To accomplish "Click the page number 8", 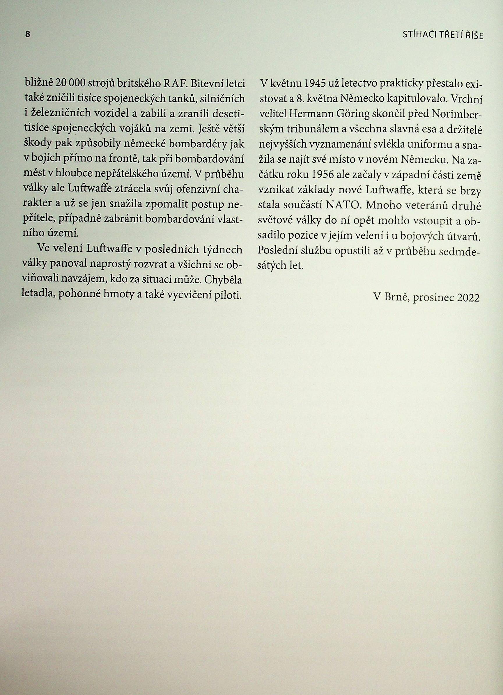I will tap(27, 34).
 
